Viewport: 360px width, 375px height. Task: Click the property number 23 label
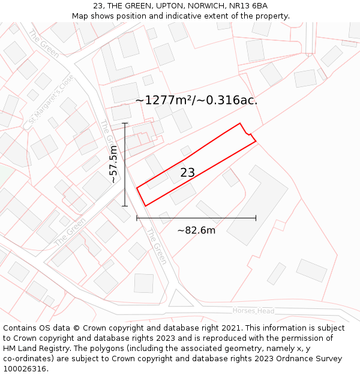coord(187,173)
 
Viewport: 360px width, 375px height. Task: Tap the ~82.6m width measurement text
coord(196,230)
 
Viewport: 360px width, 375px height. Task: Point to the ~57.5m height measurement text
coord(113,165)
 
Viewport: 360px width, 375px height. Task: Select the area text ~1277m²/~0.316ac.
coord(196,100)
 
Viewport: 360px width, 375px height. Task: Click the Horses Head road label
coord(253,311)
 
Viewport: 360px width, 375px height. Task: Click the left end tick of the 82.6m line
coord(137,218)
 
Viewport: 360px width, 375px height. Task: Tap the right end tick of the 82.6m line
coord(256,218)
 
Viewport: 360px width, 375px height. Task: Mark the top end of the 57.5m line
coord(125,124)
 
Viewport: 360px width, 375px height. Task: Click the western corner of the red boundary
coord(137,188)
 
